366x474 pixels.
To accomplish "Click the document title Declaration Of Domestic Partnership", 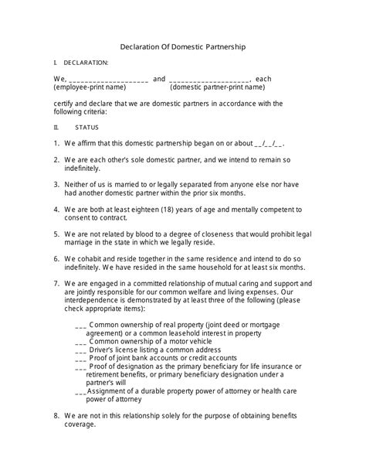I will [x=183, y=46].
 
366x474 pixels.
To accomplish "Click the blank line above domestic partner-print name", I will [x=209, y=80].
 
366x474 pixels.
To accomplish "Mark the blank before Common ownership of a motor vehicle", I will [x=81, y=341].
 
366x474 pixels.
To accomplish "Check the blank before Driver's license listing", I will [x=81, y=350].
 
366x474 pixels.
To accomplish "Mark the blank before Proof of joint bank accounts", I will [x=81, y=358].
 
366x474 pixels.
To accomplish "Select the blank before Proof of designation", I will [x=81, y=367].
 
